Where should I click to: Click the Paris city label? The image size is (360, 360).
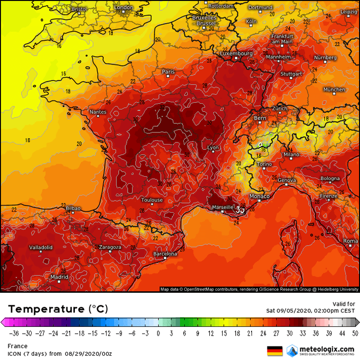pyautogui.click(x=168, y=72)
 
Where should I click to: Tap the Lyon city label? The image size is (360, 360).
pyautogui.click(x=213, y=148)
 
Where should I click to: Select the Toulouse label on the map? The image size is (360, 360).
pyautogui.click(x=152, y=200)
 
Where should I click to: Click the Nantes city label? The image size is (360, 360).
pyautogui.click(x=98, y=112)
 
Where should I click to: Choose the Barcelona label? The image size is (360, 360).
pyautogui.click(x=165, y=253)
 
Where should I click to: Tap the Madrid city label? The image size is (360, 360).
pyautogui.click(x=59, y=277)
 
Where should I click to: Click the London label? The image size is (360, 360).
pyautogui.click(x=123, y=8)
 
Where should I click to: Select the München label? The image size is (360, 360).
pyautogui.click(x=334, y=90)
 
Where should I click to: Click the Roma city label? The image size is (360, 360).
pyautogui.click(x=350, y=240)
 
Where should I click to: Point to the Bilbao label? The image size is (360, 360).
pyautogui.click(x=73, y=208)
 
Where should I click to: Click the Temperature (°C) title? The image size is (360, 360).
pyautogui.click(x=58, y=308)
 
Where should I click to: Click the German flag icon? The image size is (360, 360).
pyautogui.click(x=275, y=350)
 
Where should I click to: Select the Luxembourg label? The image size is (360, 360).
pyautogui.click(x=236, y=53)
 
